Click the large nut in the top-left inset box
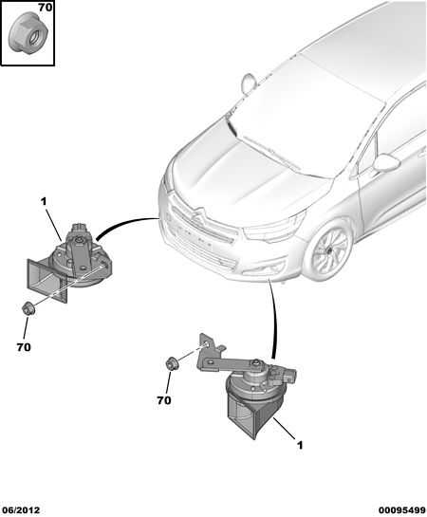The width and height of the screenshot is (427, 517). tap(28, 33)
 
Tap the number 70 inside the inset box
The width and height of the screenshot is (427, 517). tap(46, 8)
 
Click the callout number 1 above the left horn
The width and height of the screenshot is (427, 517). tap(44, 201)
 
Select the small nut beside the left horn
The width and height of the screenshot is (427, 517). tap(29, 308)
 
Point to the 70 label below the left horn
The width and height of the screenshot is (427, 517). tap(24, 347)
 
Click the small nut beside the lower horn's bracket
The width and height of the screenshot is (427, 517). tap(172, 363)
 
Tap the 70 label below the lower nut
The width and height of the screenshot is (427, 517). tap(164, 400)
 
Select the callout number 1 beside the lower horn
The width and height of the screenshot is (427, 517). tap(300, 445)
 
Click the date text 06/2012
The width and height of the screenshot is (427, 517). tap(21, 510)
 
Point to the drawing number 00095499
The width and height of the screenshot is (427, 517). tap(402, 510)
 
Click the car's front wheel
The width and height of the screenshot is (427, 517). tap(327, 251)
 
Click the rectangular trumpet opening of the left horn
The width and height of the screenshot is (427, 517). tap(46, 281)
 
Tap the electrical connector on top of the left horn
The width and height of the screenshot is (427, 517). tap(80, 228)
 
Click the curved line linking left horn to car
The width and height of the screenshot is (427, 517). tap(124, 223)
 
